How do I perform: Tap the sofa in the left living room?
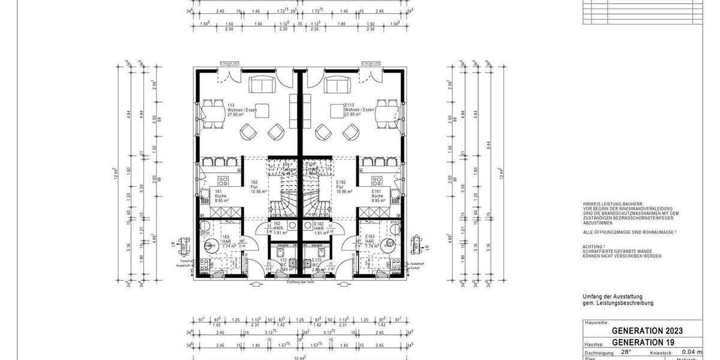click(x=261, y=86)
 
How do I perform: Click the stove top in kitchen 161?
click(x=222, y=181)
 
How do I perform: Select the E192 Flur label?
click(x=343, y=187)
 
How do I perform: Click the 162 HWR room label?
click(x=278, y=228)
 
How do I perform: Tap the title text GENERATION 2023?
click(x=647, y=331)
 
